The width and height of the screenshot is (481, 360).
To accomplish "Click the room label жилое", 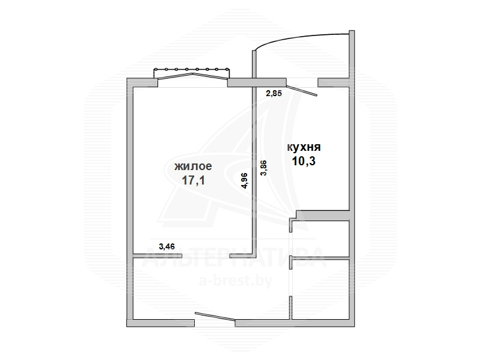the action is click(x=193, y=166).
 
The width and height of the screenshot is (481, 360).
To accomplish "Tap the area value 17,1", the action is click(x=193, y=180).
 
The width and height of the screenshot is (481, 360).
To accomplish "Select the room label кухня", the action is click(x=304, y=147).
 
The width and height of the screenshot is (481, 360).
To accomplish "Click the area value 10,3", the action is click(x=304, y=160).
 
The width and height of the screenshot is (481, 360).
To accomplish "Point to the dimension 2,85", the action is click(x=274, y=93).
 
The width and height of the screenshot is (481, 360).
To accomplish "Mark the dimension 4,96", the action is click(x=245, y=181).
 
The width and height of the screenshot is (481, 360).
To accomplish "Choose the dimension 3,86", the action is click(x=263, y=168).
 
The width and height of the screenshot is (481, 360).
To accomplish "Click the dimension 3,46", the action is click(x=167, y=246).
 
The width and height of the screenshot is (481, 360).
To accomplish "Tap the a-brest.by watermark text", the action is click(x=236, y=281).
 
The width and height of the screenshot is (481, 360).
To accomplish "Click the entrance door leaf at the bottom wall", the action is click(x=215, y=317).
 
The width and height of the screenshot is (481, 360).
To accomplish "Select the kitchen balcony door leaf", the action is click(x=302, y=91).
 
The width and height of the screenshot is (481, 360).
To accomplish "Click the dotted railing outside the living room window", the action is click(x=191, y=69).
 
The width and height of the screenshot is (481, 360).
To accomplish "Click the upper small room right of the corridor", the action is click(x=320, y=238).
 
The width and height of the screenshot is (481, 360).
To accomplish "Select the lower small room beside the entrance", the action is click(x=320, y=290).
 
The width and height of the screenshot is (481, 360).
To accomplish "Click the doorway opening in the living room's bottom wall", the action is click(x=206, y=256).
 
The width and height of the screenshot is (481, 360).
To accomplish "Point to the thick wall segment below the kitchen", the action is click(x=323, y=215).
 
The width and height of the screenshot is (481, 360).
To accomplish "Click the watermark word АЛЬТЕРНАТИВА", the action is click(x=234, y=257).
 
